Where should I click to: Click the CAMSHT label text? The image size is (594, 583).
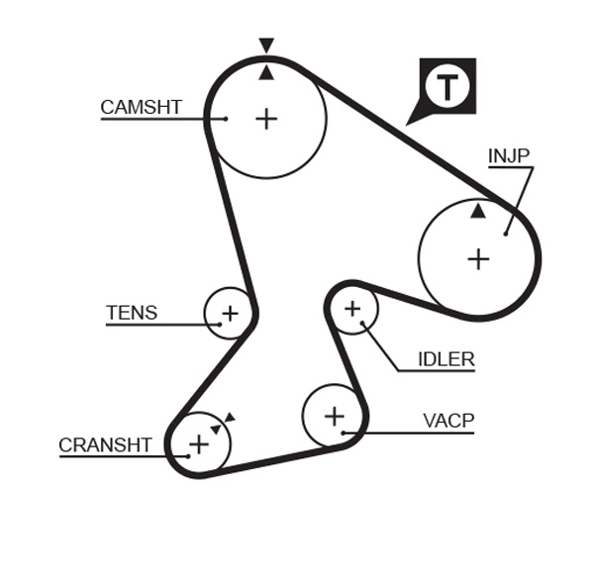click(142, 107)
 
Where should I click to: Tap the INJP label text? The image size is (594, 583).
click(509, 155)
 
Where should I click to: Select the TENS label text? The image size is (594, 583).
click(132, 313)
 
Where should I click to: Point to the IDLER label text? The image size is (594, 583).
click(445, 359)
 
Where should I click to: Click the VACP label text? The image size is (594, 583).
click(448, 421)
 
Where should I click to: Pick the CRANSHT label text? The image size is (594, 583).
click(105, 445)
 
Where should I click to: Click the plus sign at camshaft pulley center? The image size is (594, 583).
click(266, 119)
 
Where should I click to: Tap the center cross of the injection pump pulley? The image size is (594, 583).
click(478, 259)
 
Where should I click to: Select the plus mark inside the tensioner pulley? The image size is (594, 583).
click(230, 314)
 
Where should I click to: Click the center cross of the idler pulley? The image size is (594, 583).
click(352, 310)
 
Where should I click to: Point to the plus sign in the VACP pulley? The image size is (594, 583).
click(334, 416)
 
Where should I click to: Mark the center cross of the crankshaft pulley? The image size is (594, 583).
click(199, 443)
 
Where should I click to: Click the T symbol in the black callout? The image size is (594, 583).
click(448, 87)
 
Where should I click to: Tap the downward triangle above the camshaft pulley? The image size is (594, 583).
click(266, 46)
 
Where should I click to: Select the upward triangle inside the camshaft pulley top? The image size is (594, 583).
click(266, 72)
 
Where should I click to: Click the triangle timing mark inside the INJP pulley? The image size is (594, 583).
click(478, 211)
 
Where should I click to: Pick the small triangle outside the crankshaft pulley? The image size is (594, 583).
click(229, 418)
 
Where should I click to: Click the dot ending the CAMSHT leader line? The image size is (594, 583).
click(226, 119)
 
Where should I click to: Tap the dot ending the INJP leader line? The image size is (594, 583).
click(505, 233)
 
